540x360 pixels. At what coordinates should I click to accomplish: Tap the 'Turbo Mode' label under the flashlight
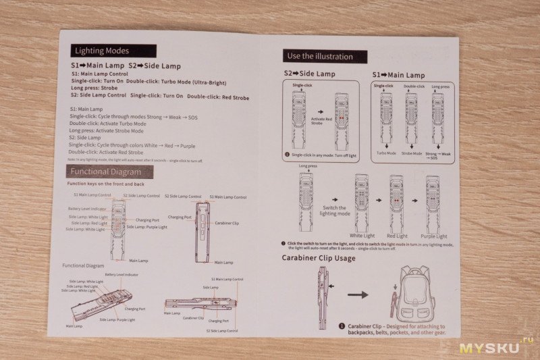pos(386,153)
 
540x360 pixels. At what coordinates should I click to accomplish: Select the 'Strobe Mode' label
pos(411,153)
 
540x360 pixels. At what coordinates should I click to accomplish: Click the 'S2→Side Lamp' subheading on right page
pos(310,74)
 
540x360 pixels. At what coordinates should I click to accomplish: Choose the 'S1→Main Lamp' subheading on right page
pos(398,75)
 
